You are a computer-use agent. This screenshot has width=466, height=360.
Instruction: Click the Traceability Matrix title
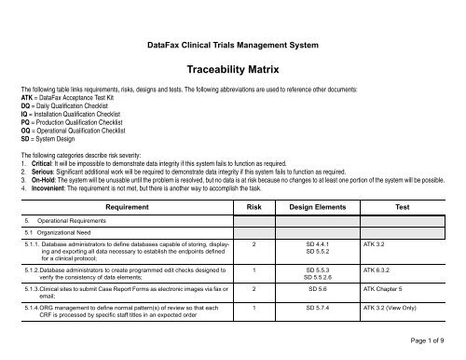(233, 69)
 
